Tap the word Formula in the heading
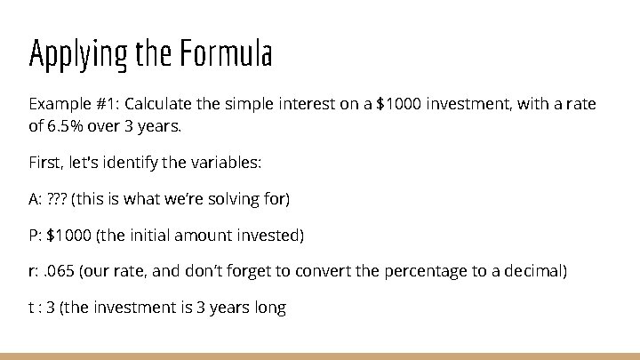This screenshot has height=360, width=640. pyautogui.click(x=226, y=54)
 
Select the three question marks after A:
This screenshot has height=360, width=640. pyautogui.click(x=56, y=198)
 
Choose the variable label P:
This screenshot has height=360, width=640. pyautogui.click(x=36, y=235)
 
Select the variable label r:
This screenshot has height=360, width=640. pyautogui.click(x=34, y=271)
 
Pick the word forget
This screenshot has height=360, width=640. pyautogui.click(x=263, y=271)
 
